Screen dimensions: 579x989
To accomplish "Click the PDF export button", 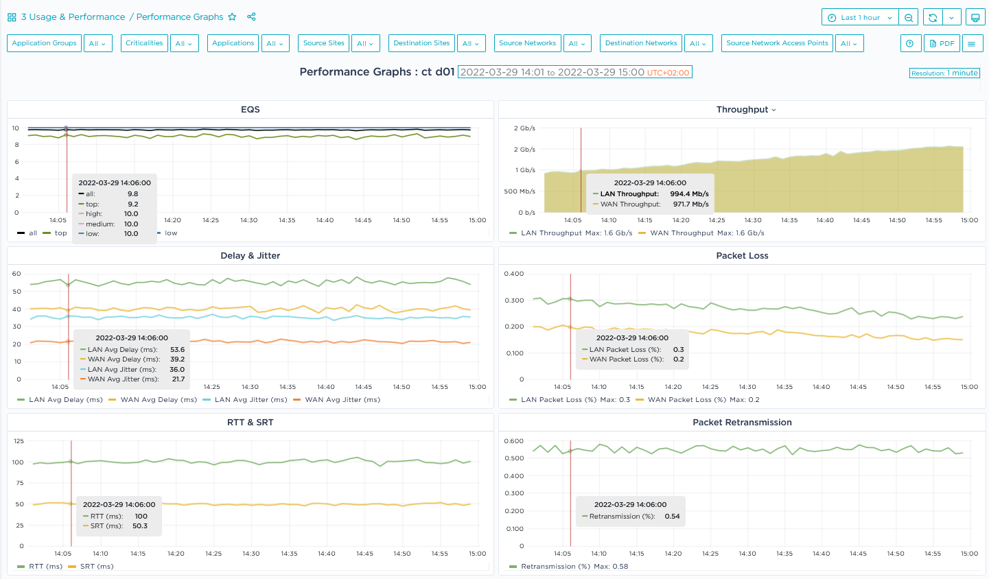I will click(x=942, y=43).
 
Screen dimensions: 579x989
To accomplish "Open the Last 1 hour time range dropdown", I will click(x=860, y=18).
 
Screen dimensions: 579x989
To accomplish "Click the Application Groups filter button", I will click(x=45, y=43).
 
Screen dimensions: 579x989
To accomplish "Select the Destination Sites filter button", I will click(x=421, y=43).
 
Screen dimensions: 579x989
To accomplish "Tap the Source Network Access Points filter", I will click(x=777, y=43).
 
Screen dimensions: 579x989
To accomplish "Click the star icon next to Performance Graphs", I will click(x=232, y=17).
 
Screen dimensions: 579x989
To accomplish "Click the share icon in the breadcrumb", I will click(x=251, y=17).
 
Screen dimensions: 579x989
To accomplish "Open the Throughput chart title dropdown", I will click(x=746, y=110).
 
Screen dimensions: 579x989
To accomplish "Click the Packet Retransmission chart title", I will click(x=742, y=423).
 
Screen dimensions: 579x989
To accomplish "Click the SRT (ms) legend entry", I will click(x=96, y=567).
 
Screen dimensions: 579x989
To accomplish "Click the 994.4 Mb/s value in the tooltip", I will click(x=689, y=194).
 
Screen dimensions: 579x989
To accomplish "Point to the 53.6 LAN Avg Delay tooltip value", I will click(x=177, y=350).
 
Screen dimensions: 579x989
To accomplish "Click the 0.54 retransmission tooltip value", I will click(x=672, y=517).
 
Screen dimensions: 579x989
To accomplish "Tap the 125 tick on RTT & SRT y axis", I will click(x=19, y=441).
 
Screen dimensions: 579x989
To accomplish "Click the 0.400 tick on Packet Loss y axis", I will click(x=513, y=274).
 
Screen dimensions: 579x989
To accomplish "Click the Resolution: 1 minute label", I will click(x=944, y=73).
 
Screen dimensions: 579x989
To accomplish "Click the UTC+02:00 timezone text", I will click(x=668, y=73).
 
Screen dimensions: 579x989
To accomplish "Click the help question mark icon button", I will click(x=910, y=43).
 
